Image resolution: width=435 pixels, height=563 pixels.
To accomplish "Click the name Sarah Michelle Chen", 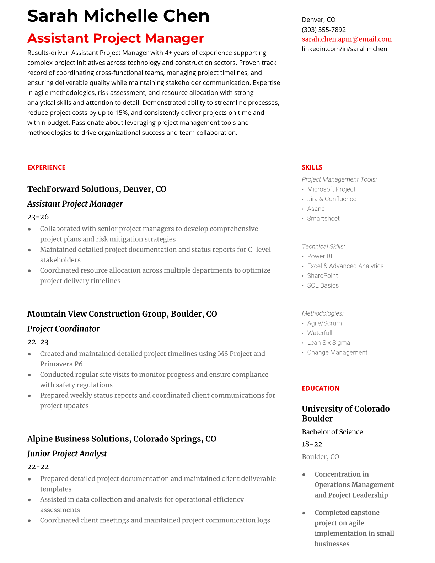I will point(118,16).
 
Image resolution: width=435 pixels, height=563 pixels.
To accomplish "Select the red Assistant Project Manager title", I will point(116,38).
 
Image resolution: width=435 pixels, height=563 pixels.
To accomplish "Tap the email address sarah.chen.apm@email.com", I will point(347,39).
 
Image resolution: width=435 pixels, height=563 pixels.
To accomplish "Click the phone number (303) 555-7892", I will point(323,30).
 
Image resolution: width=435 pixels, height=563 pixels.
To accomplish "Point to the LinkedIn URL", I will point(344,49).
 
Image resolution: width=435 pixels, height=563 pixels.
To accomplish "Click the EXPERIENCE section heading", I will point(46,167).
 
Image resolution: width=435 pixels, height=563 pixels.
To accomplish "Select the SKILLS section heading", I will point(312,167).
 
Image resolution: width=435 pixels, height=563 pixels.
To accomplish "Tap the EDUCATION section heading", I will point(320,388).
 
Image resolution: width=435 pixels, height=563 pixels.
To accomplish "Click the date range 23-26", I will point(38,217).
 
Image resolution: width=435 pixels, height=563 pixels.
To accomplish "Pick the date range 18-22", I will point(312,444).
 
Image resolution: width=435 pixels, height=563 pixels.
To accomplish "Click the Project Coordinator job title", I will point(63,329).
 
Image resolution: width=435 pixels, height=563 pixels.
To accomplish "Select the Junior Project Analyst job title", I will point(67,454).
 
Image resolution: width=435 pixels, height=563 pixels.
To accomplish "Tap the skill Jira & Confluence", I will point(332,199).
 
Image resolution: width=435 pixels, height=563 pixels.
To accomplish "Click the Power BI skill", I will point(319,256).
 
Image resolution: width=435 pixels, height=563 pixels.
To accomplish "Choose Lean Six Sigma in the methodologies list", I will point(328,343).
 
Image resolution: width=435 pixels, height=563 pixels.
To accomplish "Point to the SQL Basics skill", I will point(323,285).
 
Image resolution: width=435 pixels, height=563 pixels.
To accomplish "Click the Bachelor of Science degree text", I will point(332,432).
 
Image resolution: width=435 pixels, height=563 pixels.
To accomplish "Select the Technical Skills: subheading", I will point(323,246).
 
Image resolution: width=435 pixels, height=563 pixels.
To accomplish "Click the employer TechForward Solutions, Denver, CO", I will point(97,189).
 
